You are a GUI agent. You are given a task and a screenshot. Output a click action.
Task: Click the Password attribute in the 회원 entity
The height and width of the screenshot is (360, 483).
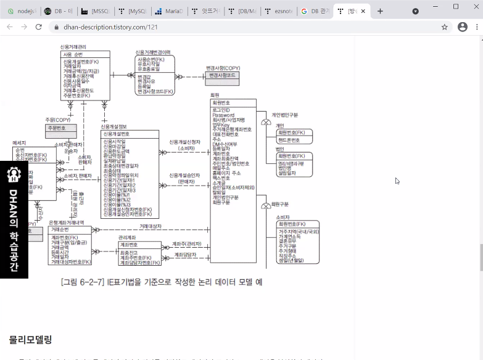223,115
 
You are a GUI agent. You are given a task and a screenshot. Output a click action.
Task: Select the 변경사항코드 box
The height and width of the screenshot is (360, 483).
223,75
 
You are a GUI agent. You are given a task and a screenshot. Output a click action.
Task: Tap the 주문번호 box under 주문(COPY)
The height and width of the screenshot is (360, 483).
60,128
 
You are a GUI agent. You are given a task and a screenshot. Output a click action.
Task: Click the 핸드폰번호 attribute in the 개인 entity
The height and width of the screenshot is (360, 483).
289,140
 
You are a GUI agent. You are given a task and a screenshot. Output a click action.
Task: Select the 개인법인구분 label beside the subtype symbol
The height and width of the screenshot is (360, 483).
285,115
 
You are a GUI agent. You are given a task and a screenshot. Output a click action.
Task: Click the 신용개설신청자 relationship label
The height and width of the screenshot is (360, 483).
185,142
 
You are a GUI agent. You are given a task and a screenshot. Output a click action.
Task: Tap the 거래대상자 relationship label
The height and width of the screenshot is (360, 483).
150,226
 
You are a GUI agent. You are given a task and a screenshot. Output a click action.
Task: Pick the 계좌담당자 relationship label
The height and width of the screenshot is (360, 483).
185,254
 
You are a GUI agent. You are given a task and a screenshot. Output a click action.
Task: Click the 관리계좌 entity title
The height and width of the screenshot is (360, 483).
127,237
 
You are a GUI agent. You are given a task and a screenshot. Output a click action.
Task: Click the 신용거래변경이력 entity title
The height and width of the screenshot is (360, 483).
154,52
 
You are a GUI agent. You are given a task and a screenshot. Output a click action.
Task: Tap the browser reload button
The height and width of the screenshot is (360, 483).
39,27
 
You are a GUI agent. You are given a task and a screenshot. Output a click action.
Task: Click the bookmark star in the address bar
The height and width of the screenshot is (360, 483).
444,27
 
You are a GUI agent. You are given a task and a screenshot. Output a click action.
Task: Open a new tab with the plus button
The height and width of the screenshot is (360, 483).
380,11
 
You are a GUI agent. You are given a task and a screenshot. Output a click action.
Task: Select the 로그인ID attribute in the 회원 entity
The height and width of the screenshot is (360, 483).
221,110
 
